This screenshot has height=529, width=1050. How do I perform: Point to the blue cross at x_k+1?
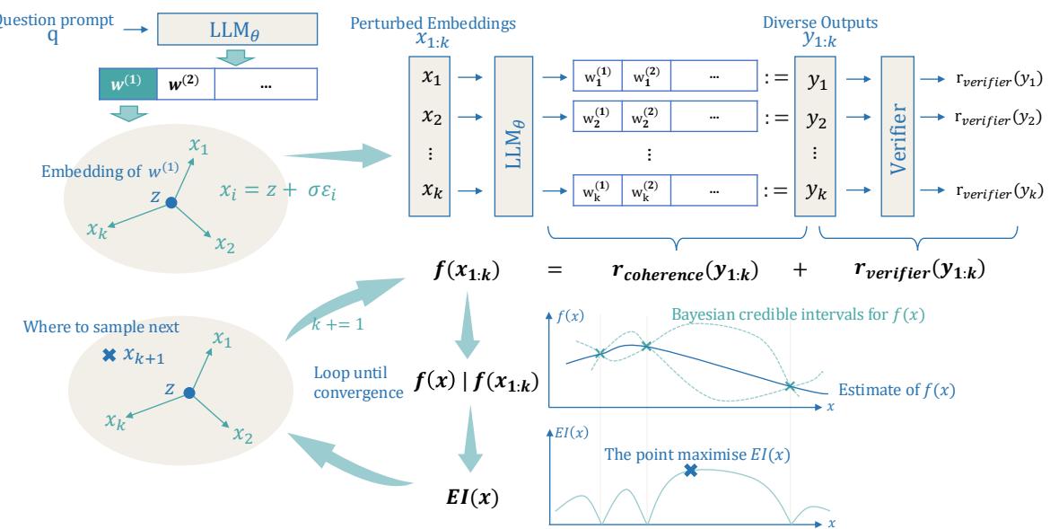coord(109,356)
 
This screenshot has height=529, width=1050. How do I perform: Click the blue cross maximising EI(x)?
coord(690,469)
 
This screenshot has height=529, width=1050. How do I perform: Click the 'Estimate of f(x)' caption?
coord(896,391)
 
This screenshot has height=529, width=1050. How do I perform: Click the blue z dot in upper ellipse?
coord(171,205)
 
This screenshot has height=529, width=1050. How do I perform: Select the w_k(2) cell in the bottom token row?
coord(645,190)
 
